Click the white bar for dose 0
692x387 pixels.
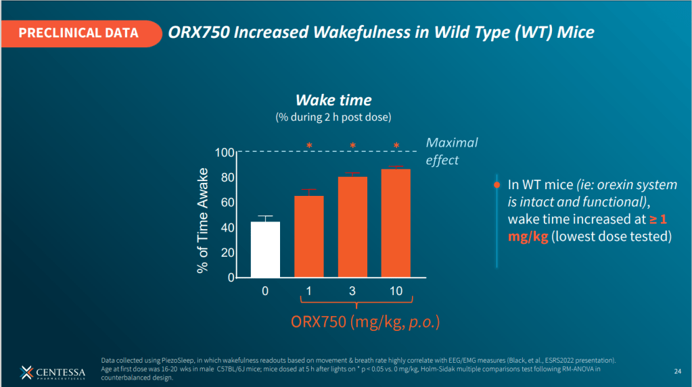265,249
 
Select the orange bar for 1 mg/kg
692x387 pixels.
308,236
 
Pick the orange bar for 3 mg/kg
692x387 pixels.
352,227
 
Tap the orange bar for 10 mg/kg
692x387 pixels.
396,223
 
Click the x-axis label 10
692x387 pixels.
396,290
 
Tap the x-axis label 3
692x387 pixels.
352,290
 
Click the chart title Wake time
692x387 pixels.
333,101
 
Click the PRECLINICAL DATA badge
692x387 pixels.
78,32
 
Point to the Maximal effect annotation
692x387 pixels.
451,151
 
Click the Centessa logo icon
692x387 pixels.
27,372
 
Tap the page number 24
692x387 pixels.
677,371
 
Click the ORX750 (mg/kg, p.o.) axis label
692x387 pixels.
365,322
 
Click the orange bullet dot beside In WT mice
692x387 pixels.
497,184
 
